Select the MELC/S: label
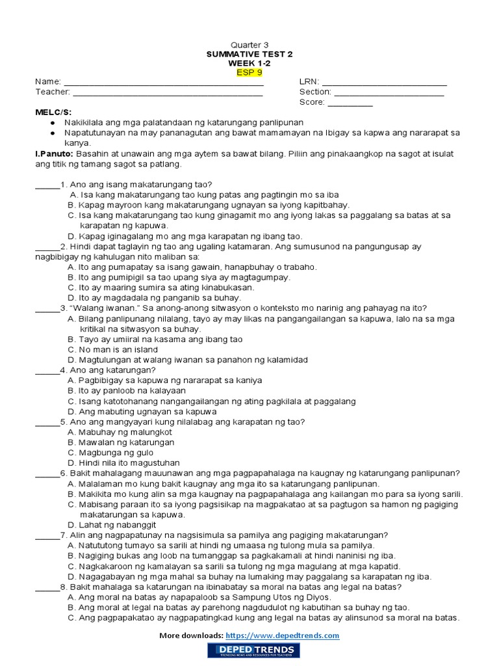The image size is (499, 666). tap(53, 113)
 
